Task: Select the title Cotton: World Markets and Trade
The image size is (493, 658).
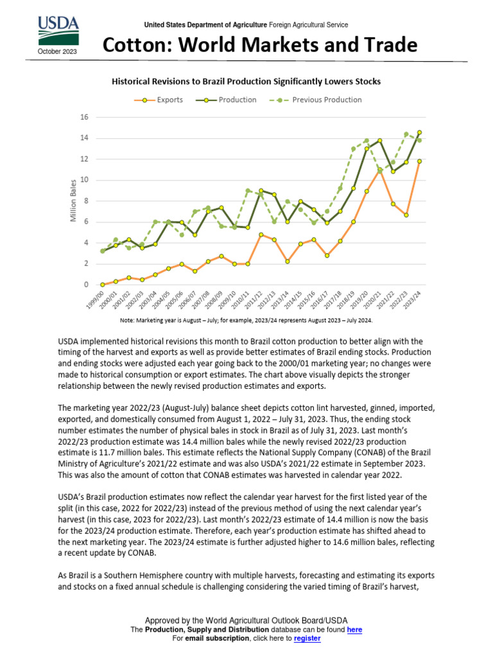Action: coord(261,45)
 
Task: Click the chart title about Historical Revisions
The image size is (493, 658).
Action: coord(246,82)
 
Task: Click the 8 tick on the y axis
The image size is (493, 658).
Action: coord(85,200)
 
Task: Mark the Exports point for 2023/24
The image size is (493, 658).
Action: coord(419,161)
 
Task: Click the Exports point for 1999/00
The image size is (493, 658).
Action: coord(103,284)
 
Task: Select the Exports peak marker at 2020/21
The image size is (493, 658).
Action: coord(379,170)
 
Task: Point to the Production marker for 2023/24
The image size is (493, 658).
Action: coord(419,132)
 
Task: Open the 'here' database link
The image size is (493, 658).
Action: coord(354,630)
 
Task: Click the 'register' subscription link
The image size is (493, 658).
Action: coord(307,639)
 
